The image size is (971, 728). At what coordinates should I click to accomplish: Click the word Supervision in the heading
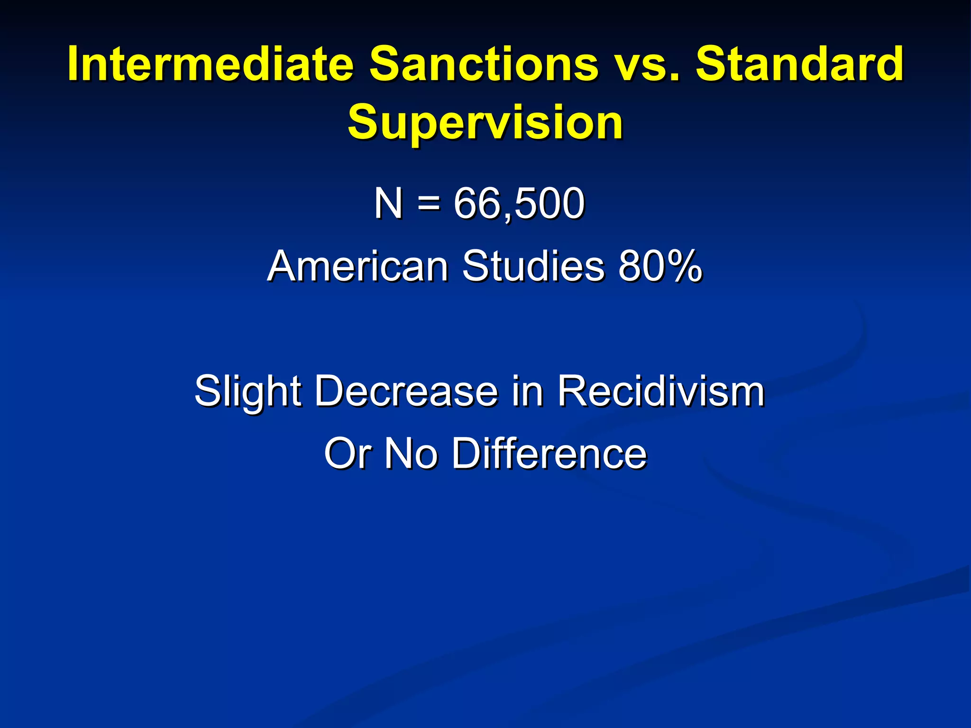(485, 123)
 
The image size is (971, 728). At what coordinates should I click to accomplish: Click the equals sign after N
(429, 204)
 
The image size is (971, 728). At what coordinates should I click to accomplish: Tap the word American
(358, 266)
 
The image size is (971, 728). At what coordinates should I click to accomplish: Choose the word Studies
(533, 266)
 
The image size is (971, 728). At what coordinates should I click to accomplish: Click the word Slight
(247, 391)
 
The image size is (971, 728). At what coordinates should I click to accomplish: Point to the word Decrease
(406, 391)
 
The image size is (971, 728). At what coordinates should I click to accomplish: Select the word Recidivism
(660, 391)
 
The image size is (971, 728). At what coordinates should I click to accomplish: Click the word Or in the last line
(347, 454)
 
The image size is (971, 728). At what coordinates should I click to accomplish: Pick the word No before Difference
(411, 454)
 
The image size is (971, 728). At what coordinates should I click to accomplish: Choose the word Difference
(549, 454)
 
